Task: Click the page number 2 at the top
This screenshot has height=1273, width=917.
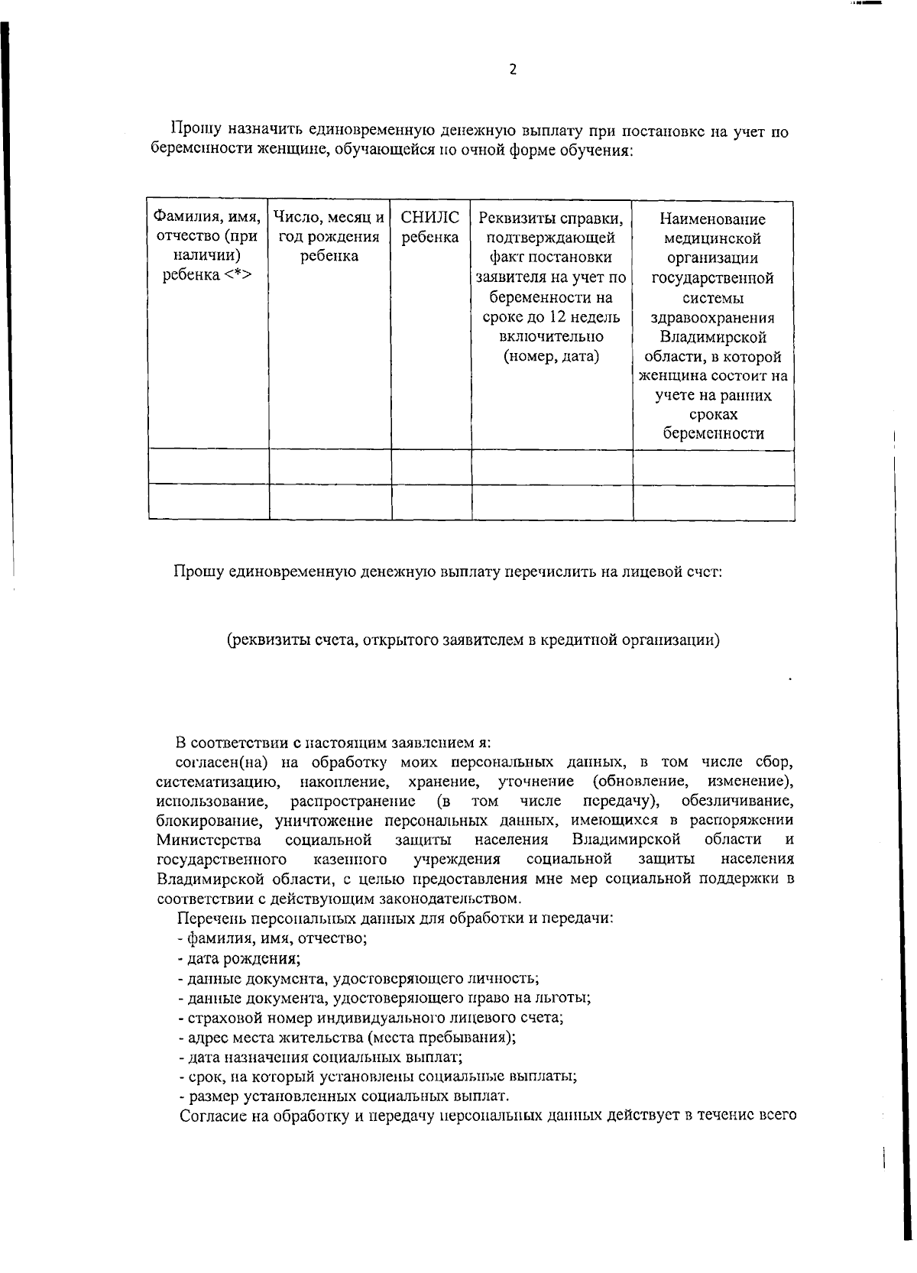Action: pyautogui.click(x=513, y=70)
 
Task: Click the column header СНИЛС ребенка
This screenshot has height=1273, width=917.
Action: pyautogui.click(x=430, y=228)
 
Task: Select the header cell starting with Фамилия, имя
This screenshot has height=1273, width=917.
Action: pyautogui.click(x=209, y=246)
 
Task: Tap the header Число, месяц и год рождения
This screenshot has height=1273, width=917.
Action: pyautogui.click(x=329, y=237)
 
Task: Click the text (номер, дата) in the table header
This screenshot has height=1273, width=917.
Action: pyautogui.click(x=552, y=356)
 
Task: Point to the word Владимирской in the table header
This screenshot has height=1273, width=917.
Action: pyautogui.click(x=712, y=337)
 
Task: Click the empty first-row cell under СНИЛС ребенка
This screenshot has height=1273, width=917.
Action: pyautogui.click(x=431, y=466)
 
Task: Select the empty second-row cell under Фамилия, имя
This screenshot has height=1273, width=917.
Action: pyautogui.click(x=209, y=501)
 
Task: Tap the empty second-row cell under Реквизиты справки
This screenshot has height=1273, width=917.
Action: pyautogui.click(x=552, y=501)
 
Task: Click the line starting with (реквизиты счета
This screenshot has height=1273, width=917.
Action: pyautogui.click(x=473, y=640)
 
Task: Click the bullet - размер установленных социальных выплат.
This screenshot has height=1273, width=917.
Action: pyautogui.click(x=343, y=1096)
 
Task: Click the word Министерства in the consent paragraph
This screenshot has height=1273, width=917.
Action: pyautogui.click(x=209, y=841)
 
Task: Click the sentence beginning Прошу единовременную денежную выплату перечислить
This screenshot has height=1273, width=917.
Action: pyautogui.click(x=448, y=571)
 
